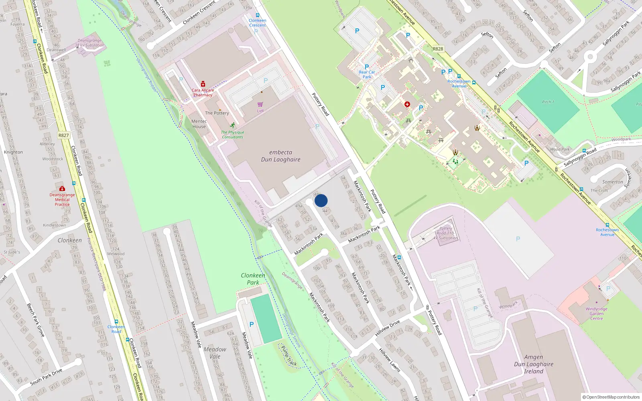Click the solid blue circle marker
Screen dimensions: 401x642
321,200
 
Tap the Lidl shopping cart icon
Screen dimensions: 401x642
260,104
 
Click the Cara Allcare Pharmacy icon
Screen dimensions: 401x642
203,84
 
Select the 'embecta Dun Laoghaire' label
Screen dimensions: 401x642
280,156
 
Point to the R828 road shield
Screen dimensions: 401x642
438,49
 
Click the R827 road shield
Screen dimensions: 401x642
63,135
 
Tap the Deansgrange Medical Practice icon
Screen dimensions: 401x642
62,188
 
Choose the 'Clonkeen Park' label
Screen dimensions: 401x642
253,279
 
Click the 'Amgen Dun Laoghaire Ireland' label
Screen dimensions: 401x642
534,364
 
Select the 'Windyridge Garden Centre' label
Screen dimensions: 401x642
596,314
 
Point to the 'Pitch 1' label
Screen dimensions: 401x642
548,102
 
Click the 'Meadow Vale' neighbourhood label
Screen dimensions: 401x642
215,352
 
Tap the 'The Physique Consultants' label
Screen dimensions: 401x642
233,134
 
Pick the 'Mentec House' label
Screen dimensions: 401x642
199,124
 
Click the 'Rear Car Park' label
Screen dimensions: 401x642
367,75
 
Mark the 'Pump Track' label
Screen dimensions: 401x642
289,356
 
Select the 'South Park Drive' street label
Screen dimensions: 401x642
46,377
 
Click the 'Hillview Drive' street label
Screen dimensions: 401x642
387,328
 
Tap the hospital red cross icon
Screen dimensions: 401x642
407,104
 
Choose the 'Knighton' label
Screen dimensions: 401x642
13,152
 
